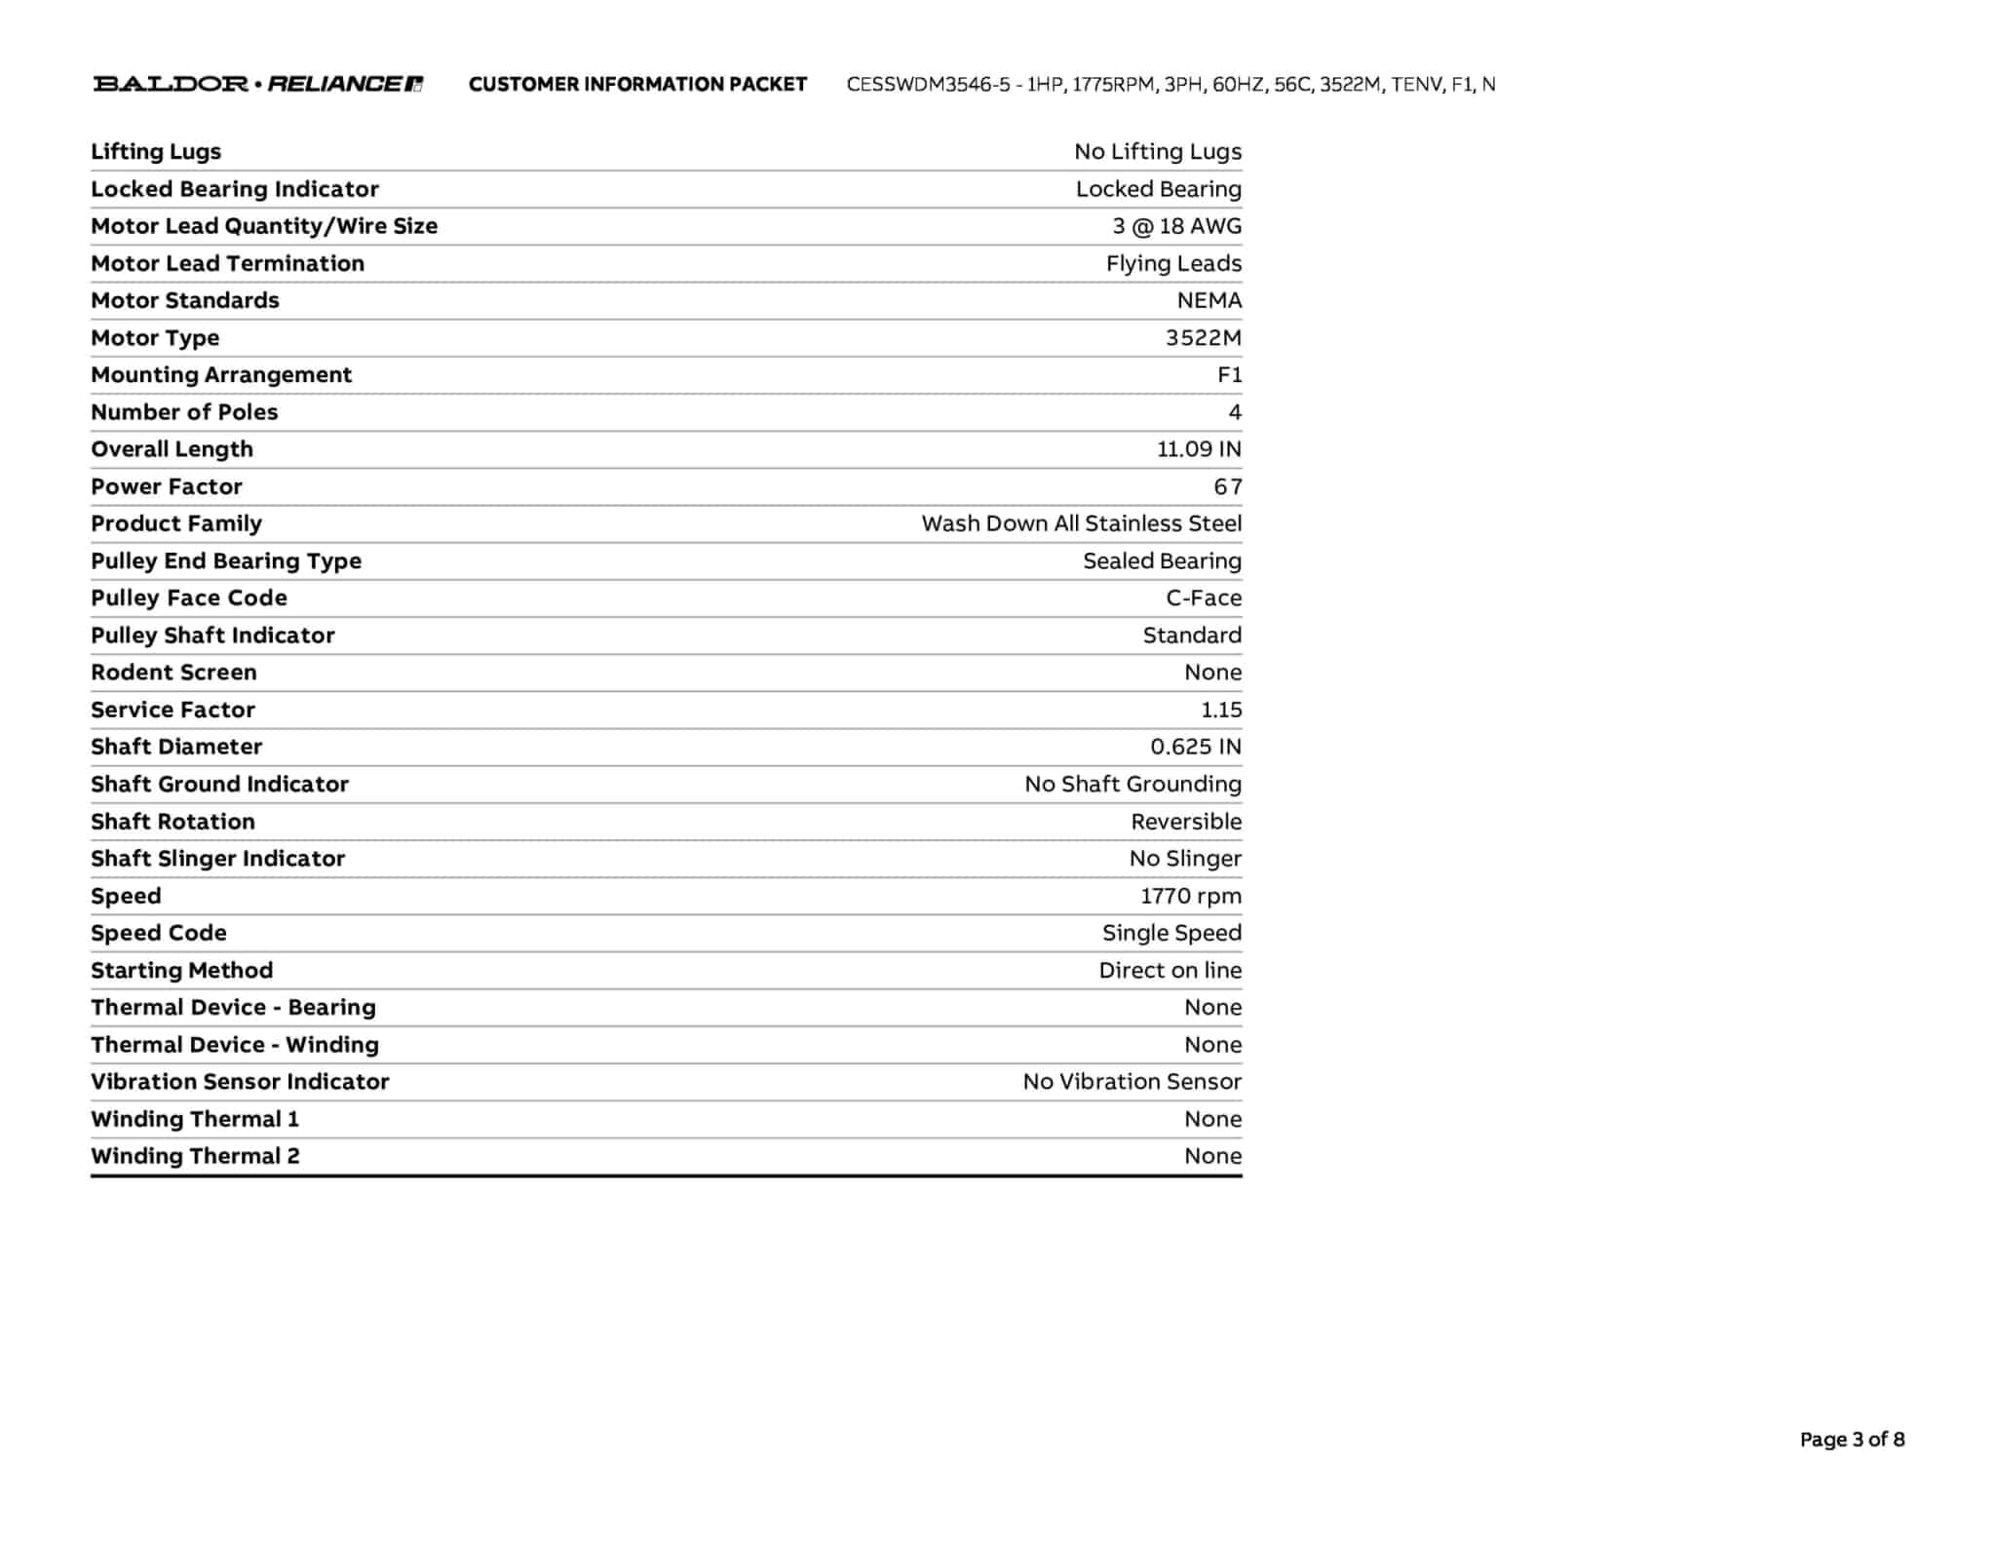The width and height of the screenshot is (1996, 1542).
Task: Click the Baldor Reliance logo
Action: point(257,84)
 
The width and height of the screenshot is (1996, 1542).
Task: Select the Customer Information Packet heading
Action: point(637,84)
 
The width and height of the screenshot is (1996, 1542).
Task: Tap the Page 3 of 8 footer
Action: point(1852,1439)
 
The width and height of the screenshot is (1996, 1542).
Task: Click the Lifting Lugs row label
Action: point(156,151)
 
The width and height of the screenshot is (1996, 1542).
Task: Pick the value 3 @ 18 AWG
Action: point(1176,226)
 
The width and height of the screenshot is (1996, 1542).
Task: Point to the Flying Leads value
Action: point(1173,263)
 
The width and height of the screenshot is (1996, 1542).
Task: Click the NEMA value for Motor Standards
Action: point(1209,300)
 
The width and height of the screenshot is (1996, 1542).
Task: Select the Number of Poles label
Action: point(184,412)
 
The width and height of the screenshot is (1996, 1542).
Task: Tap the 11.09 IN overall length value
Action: point(1199,449)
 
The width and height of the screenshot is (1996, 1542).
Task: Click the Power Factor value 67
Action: point(1227,486)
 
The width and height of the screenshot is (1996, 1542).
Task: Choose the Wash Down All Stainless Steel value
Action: point(1081,523)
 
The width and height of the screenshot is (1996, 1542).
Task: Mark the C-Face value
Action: point(1204,598)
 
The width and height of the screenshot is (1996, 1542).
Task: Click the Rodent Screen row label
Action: point(173,673)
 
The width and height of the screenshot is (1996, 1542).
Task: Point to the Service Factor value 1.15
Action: point(1221,710)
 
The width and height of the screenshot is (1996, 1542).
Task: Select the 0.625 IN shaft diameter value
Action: point(1196,747)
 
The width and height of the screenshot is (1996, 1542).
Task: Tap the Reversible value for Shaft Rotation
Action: point(1186,822)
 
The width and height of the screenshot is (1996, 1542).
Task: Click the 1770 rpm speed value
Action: point(1191,896)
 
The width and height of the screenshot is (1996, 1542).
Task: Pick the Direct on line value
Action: point(1170,970)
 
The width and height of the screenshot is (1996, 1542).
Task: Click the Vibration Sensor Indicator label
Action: point(240,1082)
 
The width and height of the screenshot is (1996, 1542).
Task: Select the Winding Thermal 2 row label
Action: point(195,1156)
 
